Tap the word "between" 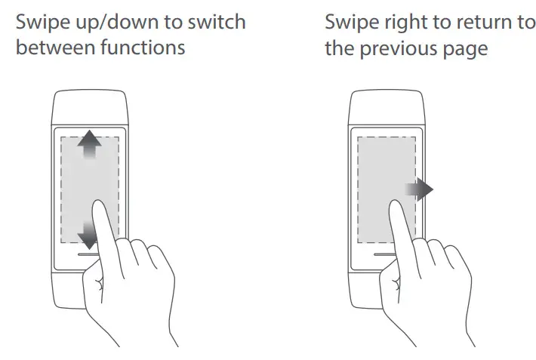coord(51,49)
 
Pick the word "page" coord(468,49)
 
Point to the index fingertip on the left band coord(99,204)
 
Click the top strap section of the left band coord(89,106)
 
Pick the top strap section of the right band coord(387,106)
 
